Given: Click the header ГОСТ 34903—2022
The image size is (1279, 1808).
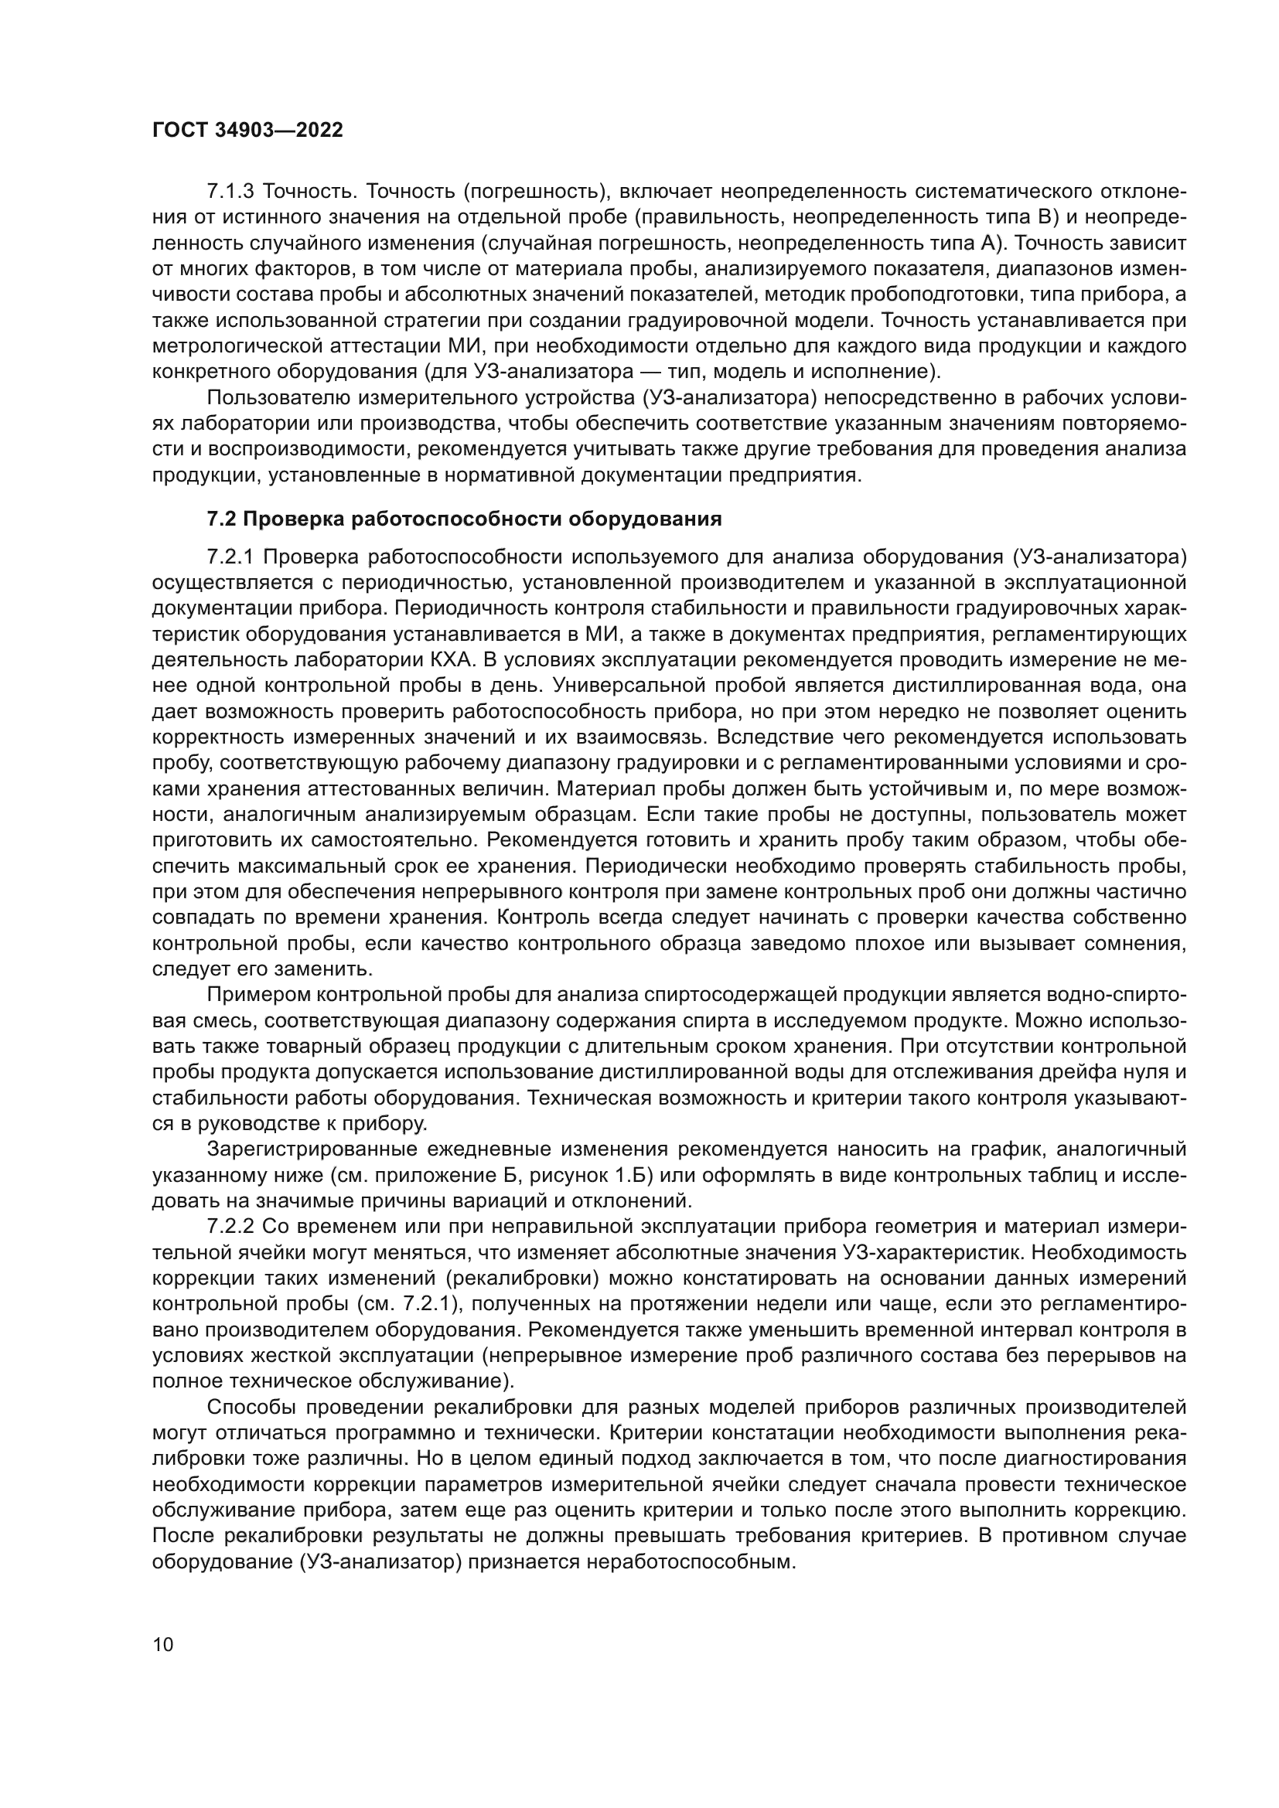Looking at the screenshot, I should coord(247,131).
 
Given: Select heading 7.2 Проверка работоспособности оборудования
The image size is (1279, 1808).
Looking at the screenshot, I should coord(464,519).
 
